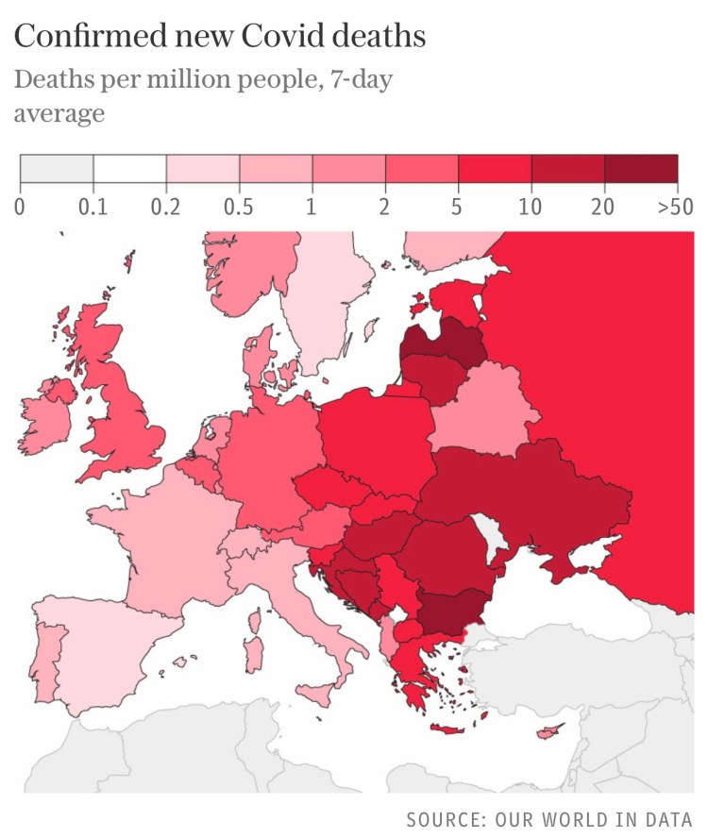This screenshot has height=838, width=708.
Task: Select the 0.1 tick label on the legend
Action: (x=93, y=207)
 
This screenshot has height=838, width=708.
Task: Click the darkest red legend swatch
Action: (x=641, y=168)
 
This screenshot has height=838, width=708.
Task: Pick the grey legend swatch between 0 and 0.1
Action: (x=57, y=168)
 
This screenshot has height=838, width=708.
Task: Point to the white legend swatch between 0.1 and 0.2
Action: (x=129, y=168)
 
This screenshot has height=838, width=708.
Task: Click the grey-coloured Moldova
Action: (x=488, y=532)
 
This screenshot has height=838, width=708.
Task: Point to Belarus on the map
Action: (x=481, y=410)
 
